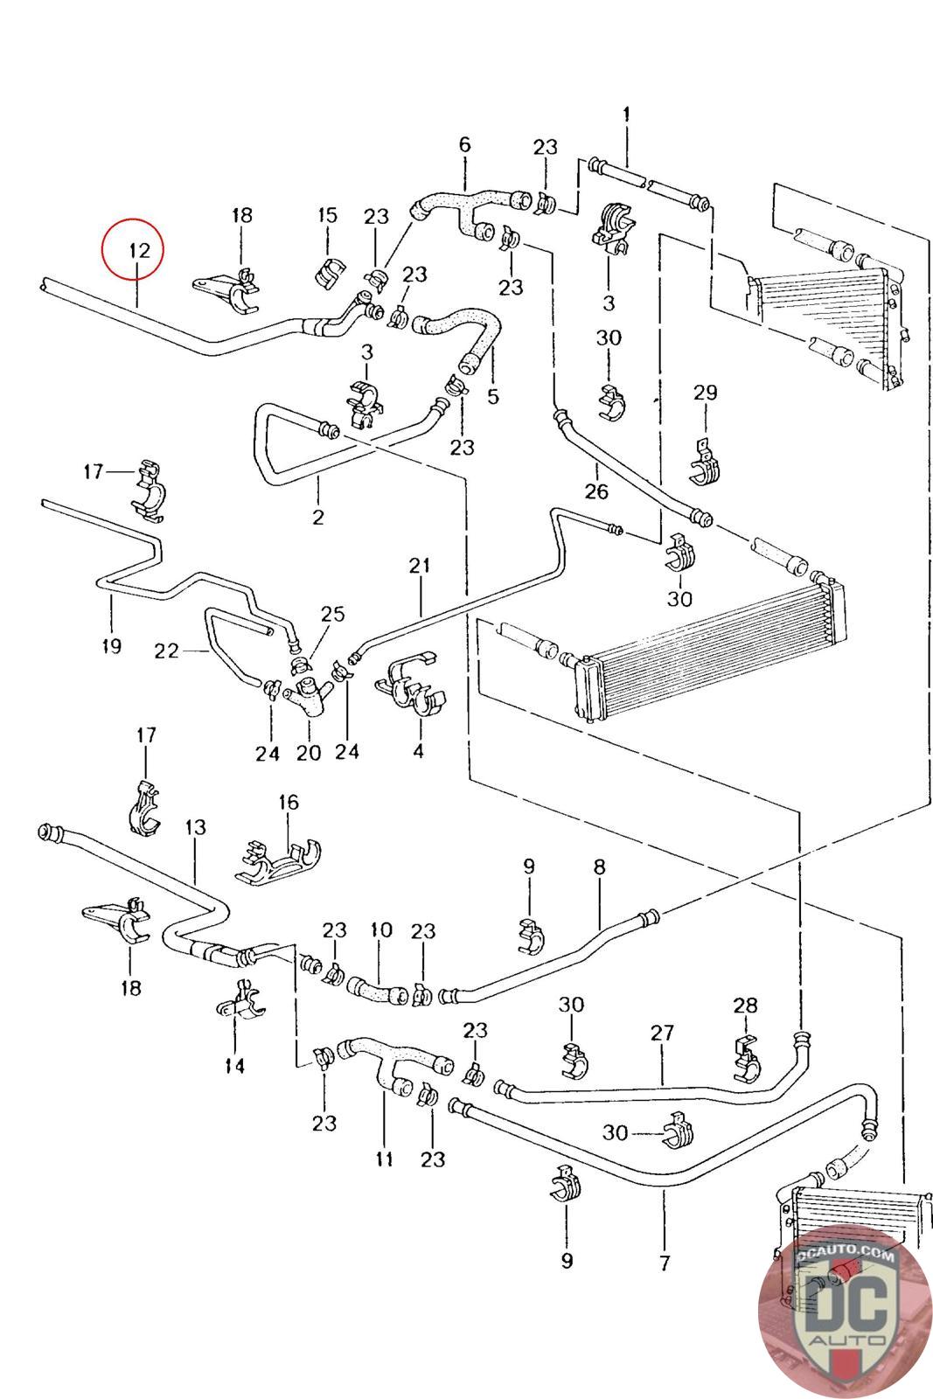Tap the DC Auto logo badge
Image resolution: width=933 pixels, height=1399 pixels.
point(843,1310)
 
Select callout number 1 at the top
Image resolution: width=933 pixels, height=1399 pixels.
point(626,114)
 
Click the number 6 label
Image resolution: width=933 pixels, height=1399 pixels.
point(464,144)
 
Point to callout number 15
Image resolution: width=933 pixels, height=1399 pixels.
point(327,215)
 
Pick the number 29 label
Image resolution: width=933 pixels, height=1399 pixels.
point(706,393)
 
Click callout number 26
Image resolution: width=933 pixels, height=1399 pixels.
point(596,491)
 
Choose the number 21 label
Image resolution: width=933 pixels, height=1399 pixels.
point(420,566)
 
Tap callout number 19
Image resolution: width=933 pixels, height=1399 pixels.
point(111,646)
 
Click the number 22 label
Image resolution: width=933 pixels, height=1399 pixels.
point(166,651)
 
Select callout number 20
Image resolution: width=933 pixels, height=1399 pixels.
point(309,752)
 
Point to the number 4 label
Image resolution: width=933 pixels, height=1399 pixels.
point(418,750)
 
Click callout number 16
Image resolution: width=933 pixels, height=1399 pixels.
point(289,802)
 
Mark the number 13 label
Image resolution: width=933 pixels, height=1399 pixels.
point(196,826)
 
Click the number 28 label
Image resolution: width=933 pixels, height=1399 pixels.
point(746,1006)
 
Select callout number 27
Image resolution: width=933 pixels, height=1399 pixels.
point(662,1033)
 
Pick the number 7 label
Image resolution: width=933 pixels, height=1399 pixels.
point(665,1263)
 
